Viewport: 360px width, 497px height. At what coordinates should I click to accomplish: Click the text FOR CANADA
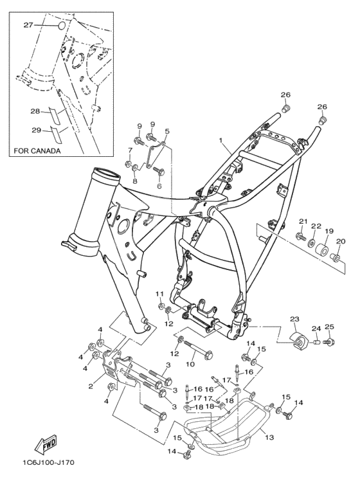(x=37, y=150)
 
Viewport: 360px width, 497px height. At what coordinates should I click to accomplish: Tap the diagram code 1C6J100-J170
(x=48, y=463)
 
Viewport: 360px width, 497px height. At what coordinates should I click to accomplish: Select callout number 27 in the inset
(x=28, y=24)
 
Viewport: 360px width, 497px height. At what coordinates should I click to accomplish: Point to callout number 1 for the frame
(x=221, y=140)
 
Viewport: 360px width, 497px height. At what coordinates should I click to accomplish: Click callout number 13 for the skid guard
(x=269, y=437)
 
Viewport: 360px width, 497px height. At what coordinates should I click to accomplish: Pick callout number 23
(x=294, y=319)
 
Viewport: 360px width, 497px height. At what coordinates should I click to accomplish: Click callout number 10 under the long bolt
(x=190, y=365)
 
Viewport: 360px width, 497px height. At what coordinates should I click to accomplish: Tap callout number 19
(x=328, y=231)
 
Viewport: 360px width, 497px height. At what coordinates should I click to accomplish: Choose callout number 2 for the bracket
(x=91, y=386)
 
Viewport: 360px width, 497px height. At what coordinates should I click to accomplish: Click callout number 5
(x=167, y=131)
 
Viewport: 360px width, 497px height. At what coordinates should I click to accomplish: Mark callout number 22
(x=316, y=226)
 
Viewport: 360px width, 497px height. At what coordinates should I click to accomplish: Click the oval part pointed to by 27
(x=62, y=25)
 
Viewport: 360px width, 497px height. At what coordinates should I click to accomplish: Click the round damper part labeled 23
(x=299, y=341)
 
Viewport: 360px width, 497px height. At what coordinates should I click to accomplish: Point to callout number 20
(x=341, y=241)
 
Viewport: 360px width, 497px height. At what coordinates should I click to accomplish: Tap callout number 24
(x=316, y=329)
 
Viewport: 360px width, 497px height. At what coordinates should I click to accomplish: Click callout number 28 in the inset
(x=35, y=111)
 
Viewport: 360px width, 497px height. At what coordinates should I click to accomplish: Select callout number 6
(x=159, y=186)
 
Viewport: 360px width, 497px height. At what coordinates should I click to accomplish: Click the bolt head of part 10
(x=208, y=356)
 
